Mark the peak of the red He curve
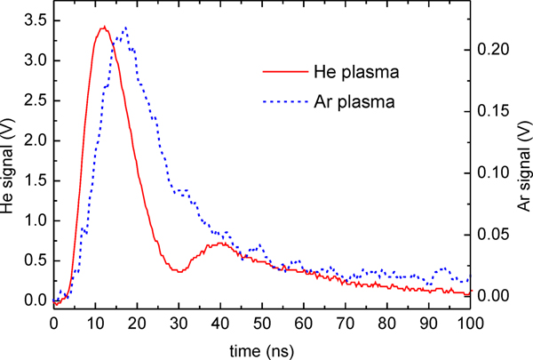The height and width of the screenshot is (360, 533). (x=104, y=27)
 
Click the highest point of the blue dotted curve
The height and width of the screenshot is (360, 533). (x=125, y=28)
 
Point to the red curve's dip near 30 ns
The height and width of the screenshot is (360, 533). (x=179, y=271)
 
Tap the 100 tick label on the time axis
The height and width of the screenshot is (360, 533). (x=469, y=323)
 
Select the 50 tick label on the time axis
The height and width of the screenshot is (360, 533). (x=261, y=323)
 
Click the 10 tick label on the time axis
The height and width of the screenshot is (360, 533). (x=95, y=323)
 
